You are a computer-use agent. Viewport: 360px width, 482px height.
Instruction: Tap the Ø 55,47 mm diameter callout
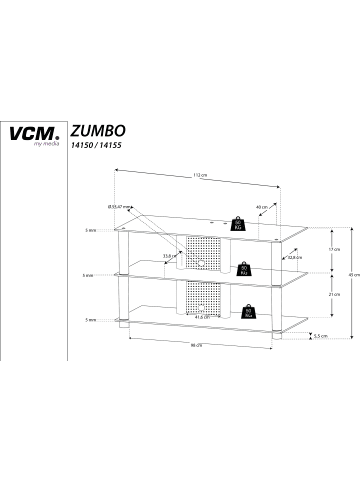[119, 206]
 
